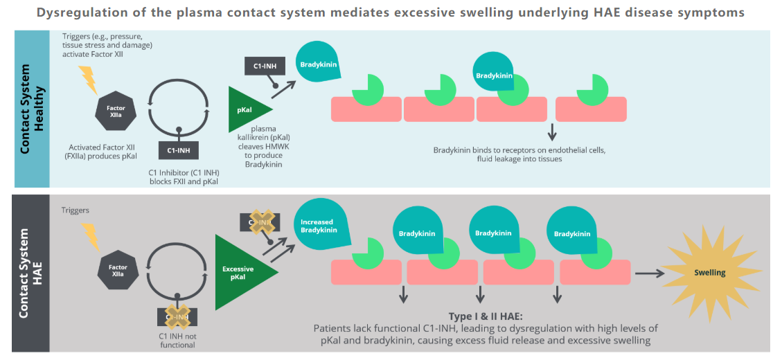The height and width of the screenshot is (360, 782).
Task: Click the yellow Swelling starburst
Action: (710, 273)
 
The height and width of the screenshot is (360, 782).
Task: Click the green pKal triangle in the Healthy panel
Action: (248, 110)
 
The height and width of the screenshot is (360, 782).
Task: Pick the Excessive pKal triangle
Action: (242, 272)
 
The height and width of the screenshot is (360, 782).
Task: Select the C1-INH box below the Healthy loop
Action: (179, 150)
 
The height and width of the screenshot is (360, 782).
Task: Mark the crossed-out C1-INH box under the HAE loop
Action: (178, 317)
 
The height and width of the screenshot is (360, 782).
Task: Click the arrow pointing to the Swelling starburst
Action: (649, 273)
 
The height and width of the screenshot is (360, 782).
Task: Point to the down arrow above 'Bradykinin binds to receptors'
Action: (552, 132)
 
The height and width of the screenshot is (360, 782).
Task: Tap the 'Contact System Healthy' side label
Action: (32, 109)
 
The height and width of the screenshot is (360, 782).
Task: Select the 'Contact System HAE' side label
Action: (32, 273)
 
